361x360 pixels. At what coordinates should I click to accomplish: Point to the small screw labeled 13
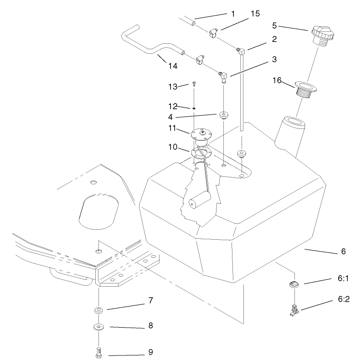[194, 84]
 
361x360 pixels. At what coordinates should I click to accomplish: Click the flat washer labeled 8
[98, 327]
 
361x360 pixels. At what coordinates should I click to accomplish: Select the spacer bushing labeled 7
[98, 310]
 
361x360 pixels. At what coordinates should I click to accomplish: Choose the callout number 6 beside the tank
[343, 251]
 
